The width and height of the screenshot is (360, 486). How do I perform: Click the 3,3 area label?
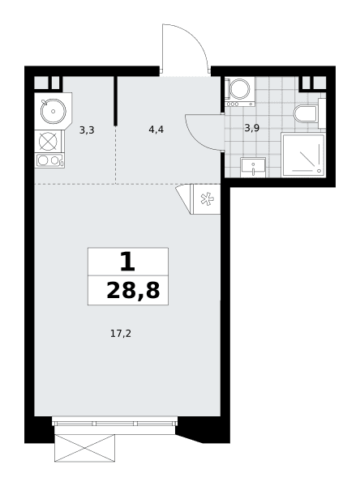(x=87, y=130)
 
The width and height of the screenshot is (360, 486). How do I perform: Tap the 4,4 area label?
(x=156, y=130)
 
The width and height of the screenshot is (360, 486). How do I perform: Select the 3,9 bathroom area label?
(x=251, y=128)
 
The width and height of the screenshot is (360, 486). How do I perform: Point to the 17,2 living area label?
(x=121, y=334)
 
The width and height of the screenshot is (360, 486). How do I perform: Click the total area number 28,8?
(x=133, y=291)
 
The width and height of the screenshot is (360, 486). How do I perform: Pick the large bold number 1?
(x=127, y=261)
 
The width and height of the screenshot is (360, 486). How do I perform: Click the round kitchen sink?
(x=54, y=111)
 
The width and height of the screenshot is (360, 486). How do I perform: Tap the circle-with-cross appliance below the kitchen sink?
(x=48, y=141)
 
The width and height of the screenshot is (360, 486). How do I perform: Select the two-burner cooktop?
(x=49, y=160)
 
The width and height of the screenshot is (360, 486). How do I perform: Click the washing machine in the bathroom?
(x=240, y=92)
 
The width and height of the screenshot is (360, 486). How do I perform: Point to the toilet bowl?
(x=306, y=113)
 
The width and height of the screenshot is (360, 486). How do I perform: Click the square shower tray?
(x=303, y=155)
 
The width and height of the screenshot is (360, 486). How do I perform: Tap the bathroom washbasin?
(x=253, y=167)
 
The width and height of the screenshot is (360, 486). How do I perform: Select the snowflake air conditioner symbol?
(x=206, y=198)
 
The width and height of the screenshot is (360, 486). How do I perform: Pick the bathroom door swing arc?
(x=195, y=139)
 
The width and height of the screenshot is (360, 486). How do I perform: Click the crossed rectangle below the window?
(x=84, y=448)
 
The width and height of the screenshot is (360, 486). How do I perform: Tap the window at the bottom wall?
(x=115, y=424)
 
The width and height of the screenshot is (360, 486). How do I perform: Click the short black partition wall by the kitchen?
(x=115, y=100)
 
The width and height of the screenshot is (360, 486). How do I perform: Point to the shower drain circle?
(x=319, y=170)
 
